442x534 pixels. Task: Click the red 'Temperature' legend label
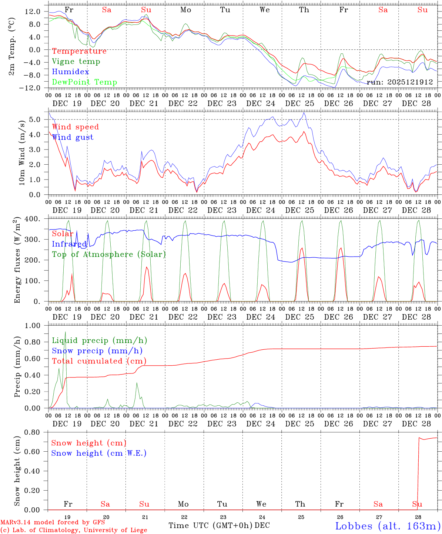79,51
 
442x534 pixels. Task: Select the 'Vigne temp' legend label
76,62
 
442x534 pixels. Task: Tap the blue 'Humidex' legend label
70,72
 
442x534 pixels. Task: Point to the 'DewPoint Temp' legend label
84,82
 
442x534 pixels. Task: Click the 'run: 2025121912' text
399,82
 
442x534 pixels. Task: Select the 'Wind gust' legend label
73,137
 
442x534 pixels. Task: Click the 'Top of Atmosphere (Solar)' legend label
109,254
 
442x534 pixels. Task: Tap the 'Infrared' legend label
69,244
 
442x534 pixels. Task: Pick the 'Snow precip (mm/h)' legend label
97,351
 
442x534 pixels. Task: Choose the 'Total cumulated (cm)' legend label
99,361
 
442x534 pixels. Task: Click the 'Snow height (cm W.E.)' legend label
99,453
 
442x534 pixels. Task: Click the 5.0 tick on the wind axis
34,119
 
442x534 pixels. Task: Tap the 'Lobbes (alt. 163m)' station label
388,526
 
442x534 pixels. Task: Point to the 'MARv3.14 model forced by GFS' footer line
53,523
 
